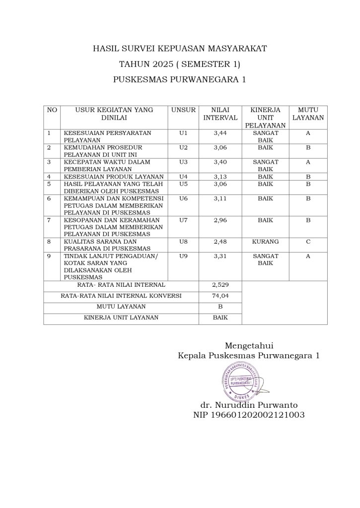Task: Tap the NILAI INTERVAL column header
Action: click(x=220, y=114)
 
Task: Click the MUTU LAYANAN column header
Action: click(x=308, y=114)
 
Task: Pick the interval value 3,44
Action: click(x=220, y=133)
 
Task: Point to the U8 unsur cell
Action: click(x=183, y=242)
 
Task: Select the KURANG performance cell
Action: click(x=265, y=242)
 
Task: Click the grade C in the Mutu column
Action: click(x=308, y=242)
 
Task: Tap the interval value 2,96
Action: click(x=220, y=220)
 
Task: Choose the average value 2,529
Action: click(x=220, y=285)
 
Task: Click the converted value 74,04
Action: click(x=220, y=296)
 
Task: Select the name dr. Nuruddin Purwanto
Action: click(x=249, y=405)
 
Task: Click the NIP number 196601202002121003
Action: click(x=249, y=415)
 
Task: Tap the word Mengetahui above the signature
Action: click(x=249, y=345)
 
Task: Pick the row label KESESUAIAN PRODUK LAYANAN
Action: click(x=114, y=177)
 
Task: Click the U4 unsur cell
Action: click(x=183, y=177)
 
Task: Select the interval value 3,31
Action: click(x=220, y=256)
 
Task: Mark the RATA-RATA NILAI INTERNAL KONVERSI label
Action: click(x=121, y=296)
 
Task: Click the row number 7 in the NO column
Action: click(x=49, y=220)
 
